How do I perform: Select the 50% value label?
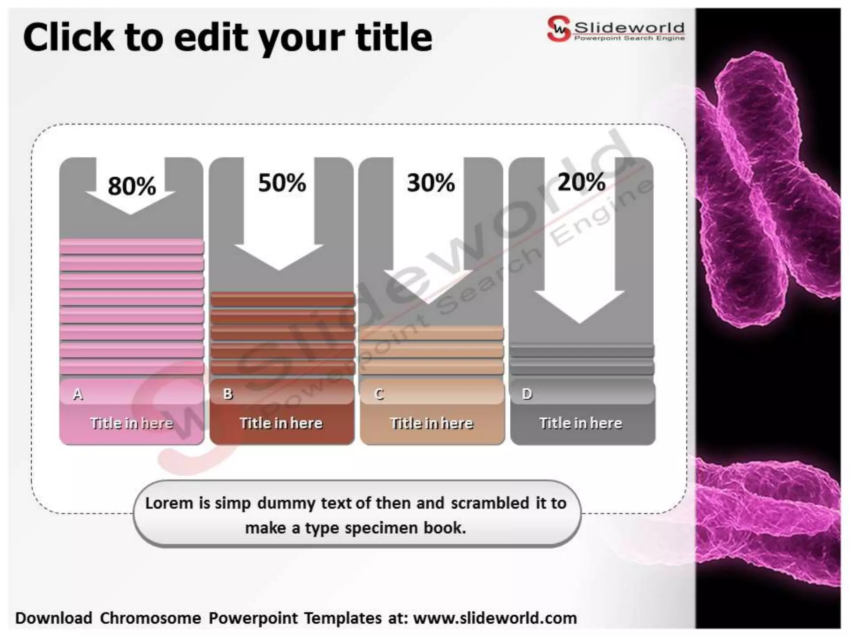click(282, 183)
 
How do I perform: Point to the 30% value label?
click(431, 183)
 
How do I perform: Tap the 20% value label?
click(581, 182)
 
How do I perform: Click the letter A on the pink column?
click(78, 394)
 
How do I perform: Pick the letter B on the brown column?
click(228, 394)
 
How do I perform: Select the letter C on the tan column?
click(378, 394)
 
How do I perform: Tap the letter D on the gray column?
click(527, 394)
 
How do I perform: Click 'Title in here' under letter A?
click(131, 423)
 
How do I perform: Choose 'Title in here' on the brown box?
click(281, 423)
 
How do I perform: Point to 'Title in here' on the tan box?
click(432, 423)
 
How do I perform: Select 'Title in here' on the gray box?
click(581, 423)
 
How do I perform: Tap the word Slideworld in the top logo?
click(629, 27)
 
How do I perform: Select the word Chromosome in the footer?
click(150, 618)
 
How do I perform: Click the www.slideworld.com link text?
click(495, 618)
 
